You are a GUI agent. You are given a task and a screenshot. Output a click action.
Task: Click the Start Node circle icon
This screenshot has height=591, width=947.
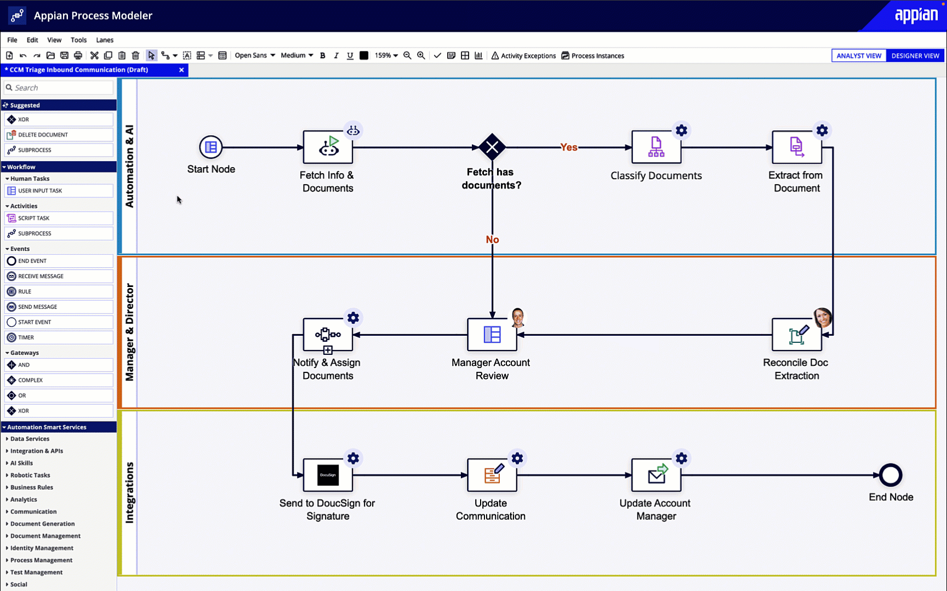click(210, 147)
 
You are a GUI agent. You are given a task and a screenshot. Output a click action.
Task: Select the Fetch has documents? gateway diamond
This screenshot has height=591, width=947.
click(492, 147)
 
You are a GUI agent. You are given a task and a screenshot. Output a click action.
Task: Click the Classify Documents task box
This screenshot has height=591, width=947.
click(656, 147)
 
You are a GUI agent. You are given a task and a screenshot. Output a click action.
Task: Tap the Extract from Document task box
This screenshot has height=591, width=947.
click(796, 147)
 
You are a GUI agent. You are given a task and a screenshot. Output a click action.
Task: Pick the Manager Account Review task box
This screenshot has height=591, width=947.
click(492, 334)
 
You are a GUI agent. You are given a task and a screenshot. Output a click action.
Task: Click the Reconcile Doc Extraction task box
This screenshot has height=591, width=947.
click(796, 335)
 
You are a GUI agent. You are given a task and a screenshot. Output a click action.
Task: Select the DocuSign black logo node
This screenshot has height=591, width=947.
click(328, 475)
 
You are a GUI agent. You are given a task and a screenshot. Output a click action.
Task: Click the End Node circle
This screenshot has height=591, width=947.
click(891, 475)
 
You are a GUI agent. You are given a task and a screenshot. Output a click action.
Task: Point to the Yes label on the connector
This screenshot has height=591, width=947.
click(568, 147)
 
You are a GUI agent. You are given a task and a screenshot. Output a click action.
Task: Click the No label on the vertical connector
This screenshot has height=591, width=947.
click(492, 239)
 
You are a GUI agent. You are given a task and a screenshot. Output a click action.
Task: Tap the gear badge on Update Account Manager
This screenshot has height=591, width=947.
click(681, 458)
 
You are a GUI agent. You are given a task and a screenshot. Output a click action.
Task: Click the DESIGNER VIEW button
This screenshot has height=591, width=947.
click(915, 55)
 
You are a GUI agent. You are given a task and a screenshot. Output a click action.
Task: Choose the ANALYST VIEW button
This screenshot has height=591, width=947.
click(859, 55)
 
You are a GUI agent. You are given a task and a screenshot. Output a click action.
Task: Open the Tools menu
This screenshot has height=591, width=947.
click(78, 40)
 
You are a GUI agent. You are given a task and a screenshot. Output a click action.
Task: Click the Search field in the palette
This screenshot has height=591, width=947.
click(60, 88)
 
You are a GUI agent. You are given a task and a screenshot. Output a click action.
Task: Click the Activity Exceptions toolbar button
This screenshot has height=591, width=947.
click(523, 55)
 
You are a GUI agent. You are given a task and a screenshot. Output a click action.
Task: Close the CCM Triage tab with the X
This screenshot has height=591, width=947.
click(181, 70)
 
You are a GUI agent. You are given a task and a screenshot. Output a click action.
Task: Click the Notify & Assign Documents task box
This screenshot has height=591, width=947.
click(328, 334)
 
